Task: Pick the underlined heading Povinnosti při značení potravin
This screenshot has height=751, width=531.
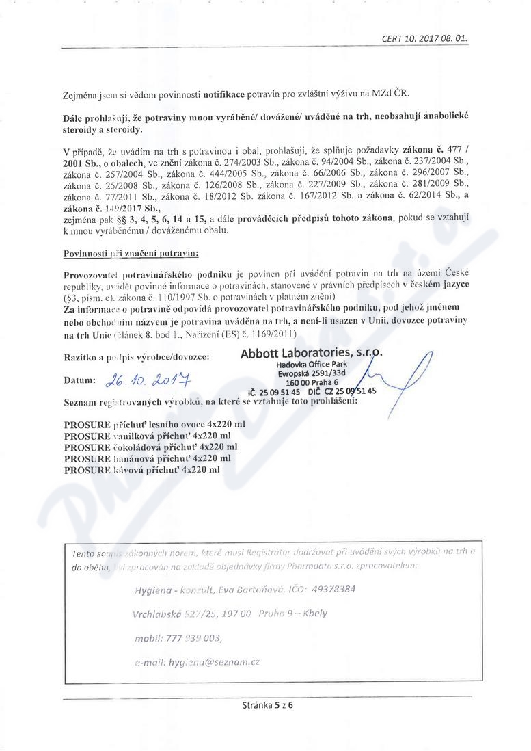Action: coord(130,253)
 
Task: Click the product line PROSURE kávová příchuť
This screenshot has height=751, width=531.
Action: coord(141,471)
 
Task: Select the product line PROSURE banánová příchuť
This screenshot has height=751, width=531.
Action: coord(147,459)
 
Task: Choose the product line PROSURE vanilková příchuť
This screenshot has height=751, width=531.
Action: coord(146,436)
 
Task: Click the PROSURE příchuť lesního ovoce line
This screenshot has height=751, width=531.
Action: coord(154,424)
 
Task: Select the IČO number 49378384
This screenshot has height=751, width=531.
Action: coord(329,588)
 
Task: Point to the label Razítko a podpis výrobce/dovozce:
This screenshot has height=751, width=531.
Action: coord(136,357)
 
